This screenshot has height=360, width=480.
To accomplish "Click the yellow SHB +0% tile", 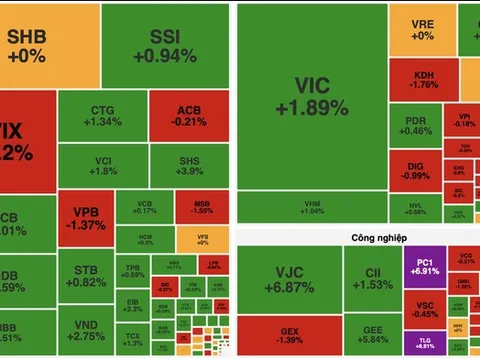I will (50, 44).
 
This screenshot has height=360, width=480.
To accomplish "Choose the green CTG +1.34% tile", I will (101, 116).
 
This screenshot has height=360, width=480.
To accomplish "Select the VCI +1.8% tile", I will (101, 166).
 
